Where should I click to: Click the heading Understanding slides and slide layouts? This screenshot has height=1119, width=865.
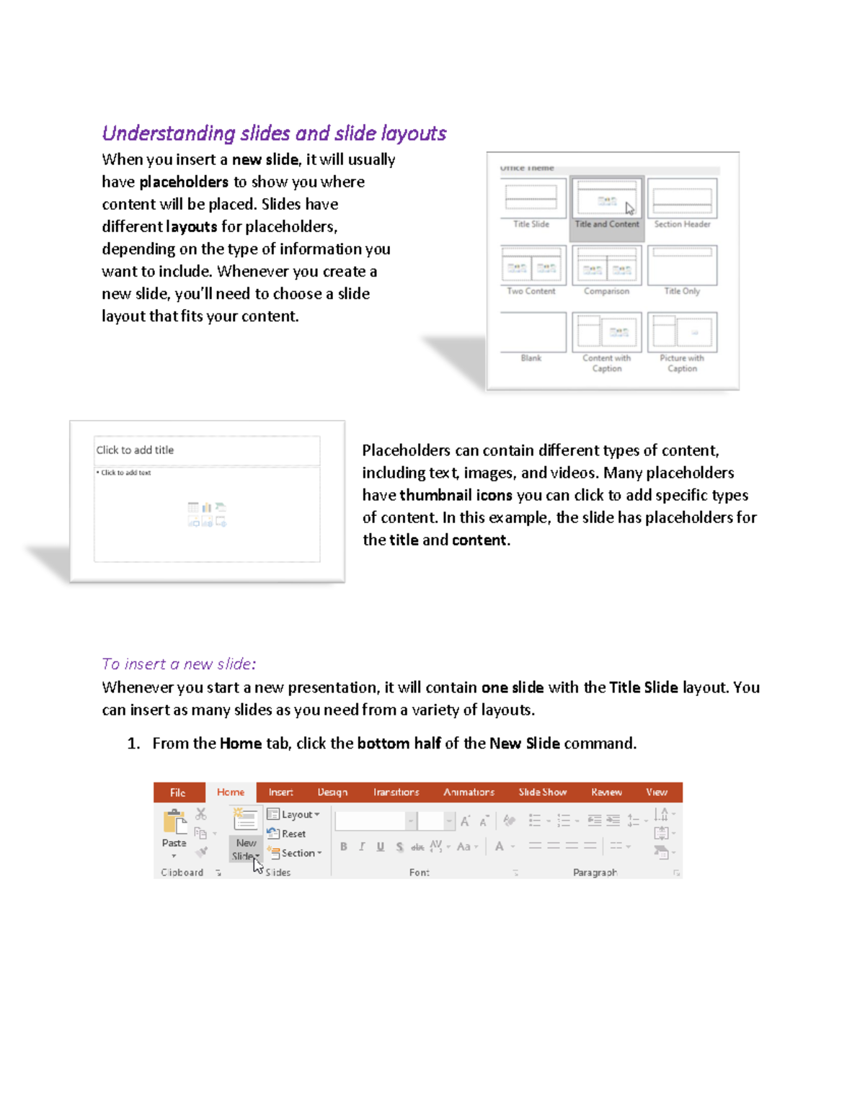pos(274,133)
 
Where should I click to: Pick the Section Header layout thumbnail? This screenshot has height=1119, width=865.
pos(682,199)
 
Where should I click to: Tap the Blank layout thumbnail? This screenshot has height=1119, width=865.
pos(532,332)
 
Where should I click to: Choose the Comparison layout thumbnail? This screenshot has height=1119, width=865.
pos(606,265)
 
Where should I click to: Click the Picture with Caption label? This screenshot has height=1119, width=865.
pos(682,363)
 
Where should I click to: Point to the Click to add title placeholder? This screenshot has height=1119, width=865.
pos(206,450)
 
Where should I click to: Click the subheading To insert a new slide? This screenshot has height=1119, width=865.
pos(179,664)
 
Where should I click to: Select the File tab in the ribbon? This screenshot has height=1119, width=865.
pos(178,793)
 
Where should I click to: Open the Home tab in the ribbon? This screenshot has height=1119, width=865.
pos(231,792)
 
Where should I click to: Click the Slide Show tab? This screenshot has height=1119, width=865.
pos(542,792)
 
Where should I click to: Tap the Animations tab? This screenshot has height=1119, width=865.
pos(469,792)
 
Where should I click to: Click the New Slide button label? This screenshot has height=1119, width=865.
pos(245,850)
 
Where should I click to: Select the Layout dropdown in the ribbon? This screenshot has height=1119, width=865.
pos(293,814)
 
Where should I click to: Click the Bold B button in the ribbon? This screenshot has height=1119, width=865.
pos(344,847)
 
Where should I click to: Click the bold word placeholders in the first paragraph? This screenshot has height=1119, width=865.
pos(184,182)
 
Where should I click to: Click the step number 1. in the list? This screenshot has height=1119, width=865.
pos(133,744)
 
